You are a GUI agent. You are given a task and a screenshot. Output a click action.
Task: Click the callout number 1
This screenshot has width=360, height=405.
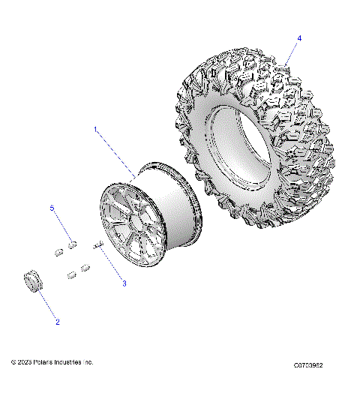click(95, 129)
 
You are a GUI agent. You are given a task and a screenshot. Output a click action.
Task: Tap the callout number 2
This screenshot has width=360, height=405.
click(58, 322)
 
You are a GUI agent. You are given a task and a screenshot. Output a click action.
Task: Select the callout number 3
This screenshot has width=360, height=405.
click(124, 283)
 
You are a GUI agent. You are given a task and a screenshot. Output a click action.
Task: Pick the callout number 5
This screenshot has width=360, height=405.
click(52, 207)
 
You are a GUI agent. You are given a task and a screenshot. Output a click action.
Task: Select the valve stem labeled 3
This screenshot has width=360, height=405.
click(97, 244)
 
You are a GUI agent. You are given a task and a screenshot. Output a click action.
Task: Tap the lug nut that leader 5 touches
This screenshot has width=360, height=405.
click(73, 243)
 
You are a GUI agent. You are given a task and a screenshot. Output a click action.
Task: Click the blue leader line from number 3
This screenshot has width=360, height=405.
click(112, 264)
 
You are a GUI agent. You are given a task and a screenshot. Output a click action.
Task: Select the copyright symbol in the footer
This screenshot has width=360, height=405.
click(13, 362)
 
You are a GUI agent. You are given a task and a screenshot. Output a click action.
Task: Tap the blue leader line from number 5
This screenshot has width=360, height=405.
click(62, 225)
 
